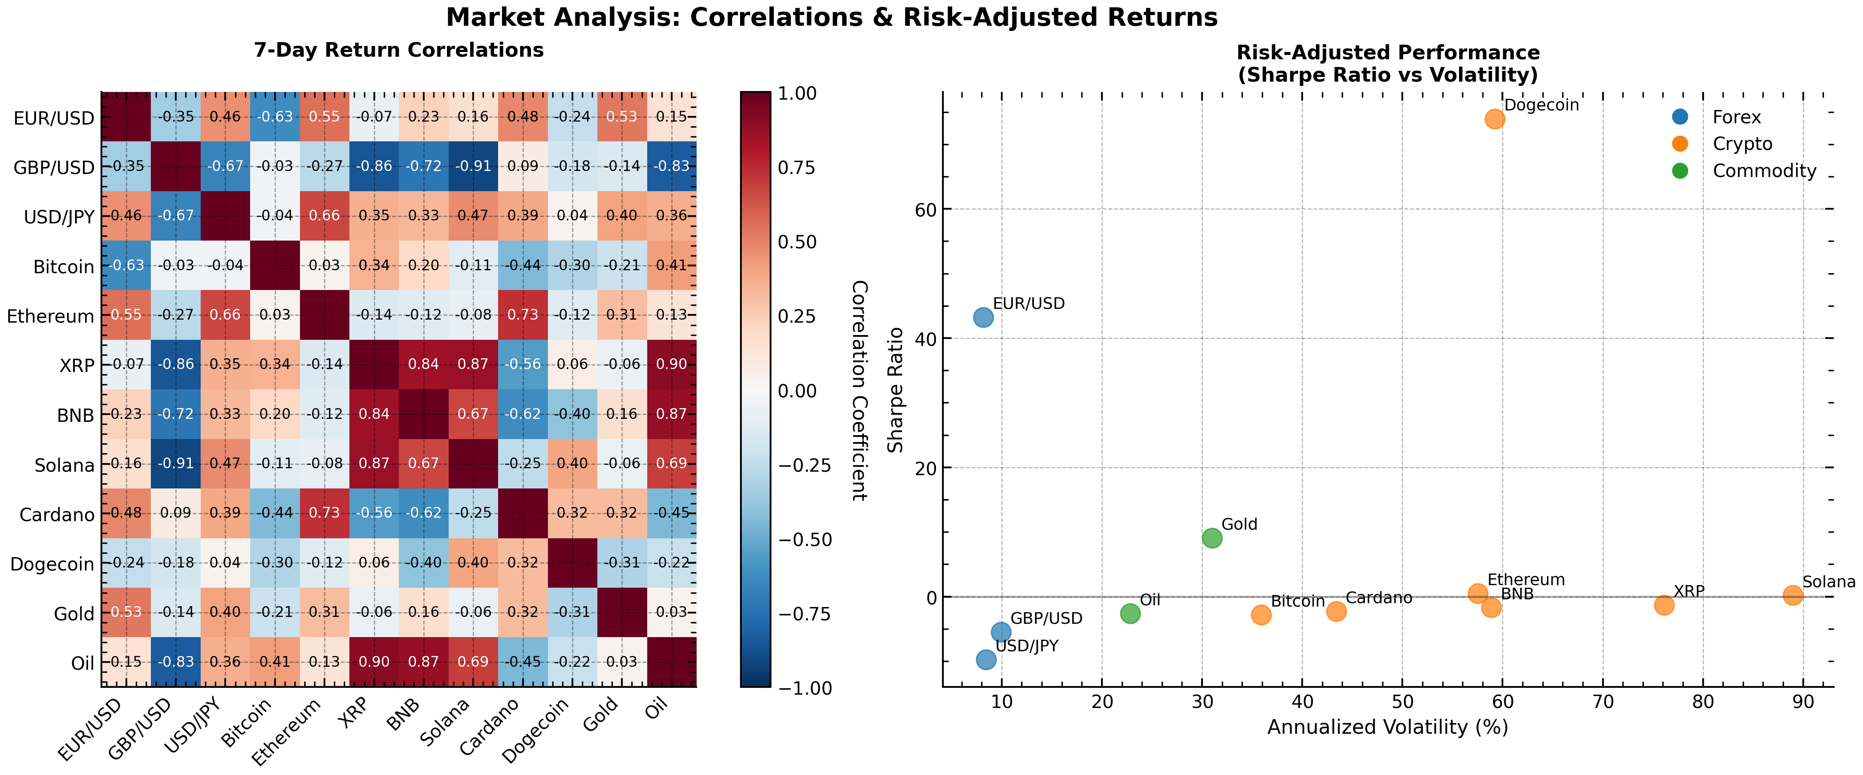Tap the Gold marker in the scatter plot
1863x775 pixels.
point(1212,538)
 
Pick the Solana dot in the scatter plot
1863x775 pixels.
point(1793,595)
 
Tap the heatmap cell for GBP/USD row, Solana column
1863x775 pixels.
point(473,166)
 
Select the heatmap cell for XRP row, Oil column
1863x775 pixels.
point(671,364)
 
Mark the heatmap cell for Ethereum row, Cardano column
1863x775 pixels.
point(523,315)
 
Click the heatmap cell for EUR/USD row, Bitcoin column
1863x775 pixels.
point(275,116)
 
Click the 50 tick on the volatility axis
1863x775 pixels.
point(1402,702)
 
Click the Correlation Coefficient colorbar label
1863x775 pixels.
point(859,391)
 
